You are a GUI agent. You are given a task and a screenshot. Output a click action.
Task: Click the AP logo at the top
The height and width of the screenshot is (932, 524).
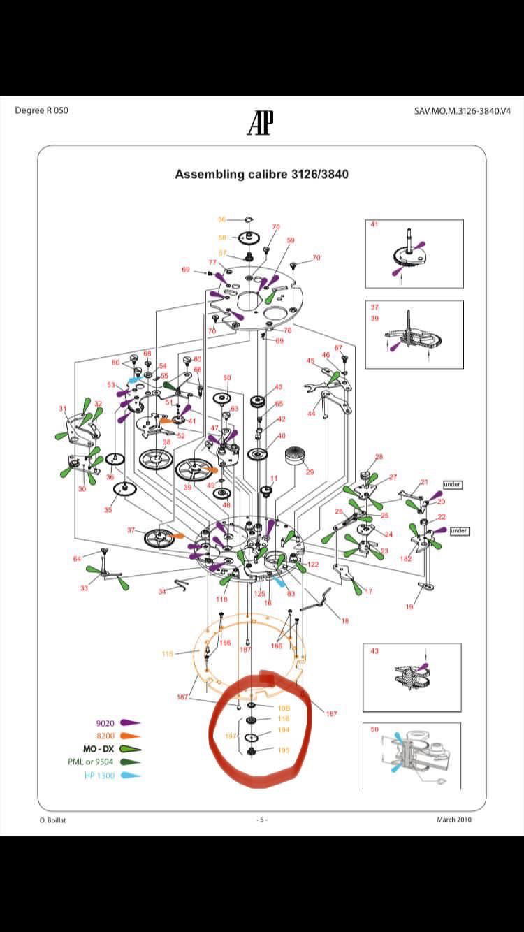pos(260,123)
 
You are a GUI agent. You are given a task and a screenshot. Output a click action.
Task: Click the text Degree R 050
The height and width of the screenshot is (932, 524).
pos(41,110)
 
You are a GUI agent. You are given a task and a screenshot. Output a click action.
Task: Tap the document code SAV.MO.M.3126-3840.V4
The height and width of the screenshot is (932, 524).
pos(458,111)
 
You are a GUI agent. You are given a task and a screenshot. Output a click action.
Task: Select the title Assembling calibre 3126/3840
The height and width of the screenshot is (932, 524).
pos(261,174)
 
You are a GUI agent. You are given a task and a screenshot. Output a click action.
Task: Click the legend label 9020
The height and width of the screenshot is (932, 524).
pos(105,723)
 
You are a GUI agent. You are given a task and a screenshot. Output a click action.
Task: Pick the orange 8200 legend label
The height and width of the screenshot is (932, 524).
pos(105,736)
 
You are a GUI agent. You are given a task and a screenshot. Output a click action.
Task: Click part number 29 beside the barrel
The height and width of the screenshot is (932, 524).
pos(310,472)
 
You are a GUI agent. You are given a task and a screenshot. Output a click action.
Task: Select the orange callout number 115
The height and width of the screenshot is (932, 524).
pos(167,654)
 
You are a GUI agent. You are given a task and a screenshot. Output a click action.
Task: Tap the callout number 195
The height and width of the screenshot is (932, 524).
pos(284,751)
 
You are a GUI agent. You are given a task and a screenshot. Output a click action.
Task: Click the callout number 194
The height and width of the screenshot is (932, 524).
pos(284,730)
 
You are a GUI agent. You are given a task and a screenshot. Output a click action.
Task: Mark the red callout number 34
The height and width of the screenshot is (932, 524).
pos(162,592)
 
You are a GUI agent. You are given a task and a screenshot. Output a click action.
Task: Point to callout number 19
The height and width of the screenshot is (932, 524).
pos(409,607)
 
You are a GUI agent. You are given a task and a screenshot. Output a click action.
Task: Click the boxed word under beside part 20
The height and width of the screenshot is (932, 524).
pos(452,484)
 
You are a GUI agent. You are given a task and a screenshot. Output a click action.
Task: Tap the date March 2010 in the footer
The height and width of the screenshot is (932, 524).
pos(454,820)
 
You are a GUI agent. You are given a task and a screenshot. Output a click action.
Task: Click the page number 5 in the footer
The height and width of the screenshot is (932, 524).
pos(261,820)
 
